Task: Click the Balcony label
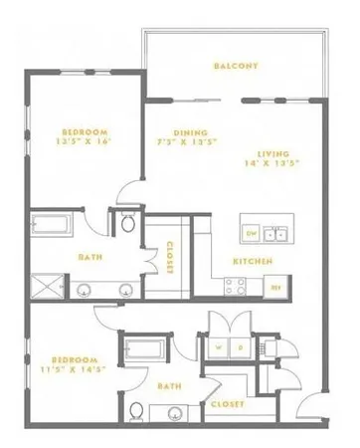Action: [236, 67]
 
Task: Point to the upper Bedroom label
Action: [85, 131]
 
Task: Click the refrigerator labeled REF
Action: [277, 288]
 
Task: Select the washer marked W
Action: [218, 347]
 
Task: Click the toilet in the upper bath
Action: [126, 223]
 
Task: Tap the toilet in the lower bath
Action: [137, 411]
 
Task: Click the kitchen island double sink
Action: [277, 234]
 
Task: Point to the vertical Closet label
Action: [170, 257]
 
